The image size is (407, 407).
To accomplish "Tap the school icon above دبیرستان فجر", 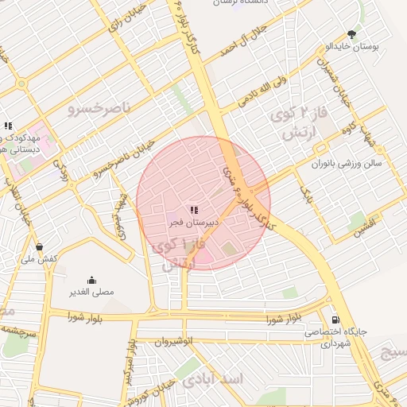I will (x=195, y=208).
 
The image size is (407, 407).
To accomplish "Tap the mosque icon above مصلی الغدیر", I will (x=91, y=279).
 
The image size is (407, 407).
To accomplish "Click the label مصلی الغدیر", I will (x=91, y=292).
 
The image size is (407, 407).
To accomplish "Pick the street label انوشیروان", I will (x=173, y=341).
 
